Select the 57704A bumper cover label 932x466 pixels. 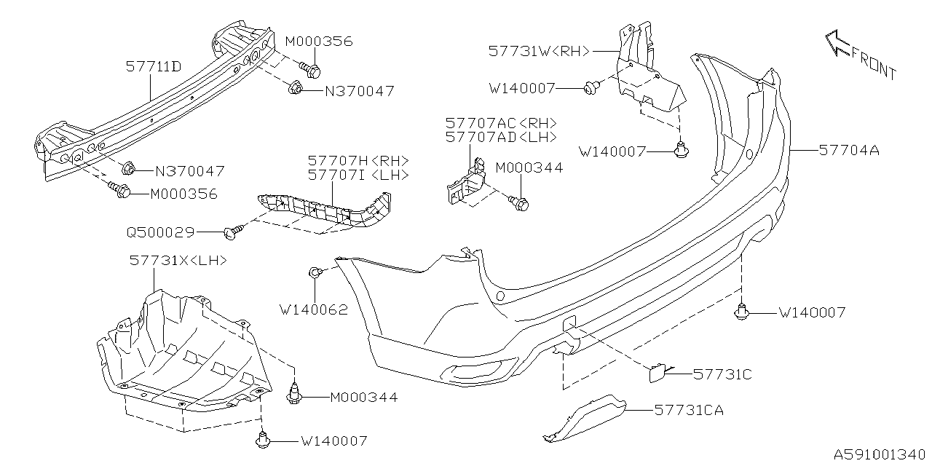tap(849, 151)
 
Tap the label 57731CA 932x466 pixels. tap(689, 411)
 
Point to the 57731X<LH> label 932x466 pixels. tap(178, 260)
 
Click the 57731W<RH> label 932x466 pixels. tap(540, 51)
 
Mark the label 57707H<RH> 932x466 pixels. tap(358, 160)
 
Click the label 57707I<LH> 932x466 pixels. tap(358, 175)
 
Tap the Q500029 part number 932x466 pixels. tap(160, 232)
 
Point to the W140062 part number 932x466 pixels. tap(314, 309)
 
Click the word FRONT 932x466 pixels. tap(873, 66)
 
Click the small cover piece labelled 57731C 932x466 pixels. tap(659, 374)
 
